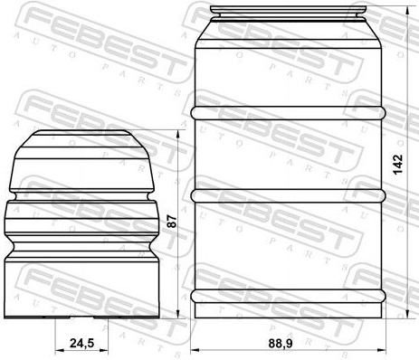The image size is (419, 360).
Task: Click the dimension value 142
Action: (398, 164)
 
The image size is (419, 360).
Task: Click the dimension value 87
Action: (172, 222)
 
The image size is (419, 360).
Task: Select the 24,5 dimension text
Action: (82, 343)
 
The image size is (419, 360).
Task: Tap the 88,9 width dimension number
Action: (281, 344)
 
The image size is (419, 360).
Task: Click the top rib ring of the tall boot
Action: (289, 113)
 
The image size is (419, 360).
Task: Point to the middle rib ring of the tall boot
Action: (289, 196)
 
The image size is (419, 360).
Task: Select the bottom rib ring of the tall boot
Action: (289, 296)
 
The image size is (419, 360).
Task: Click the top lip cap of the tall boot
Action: (290, 11)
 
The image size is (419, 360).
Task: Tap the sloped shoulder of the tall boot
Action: (289, 34)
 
